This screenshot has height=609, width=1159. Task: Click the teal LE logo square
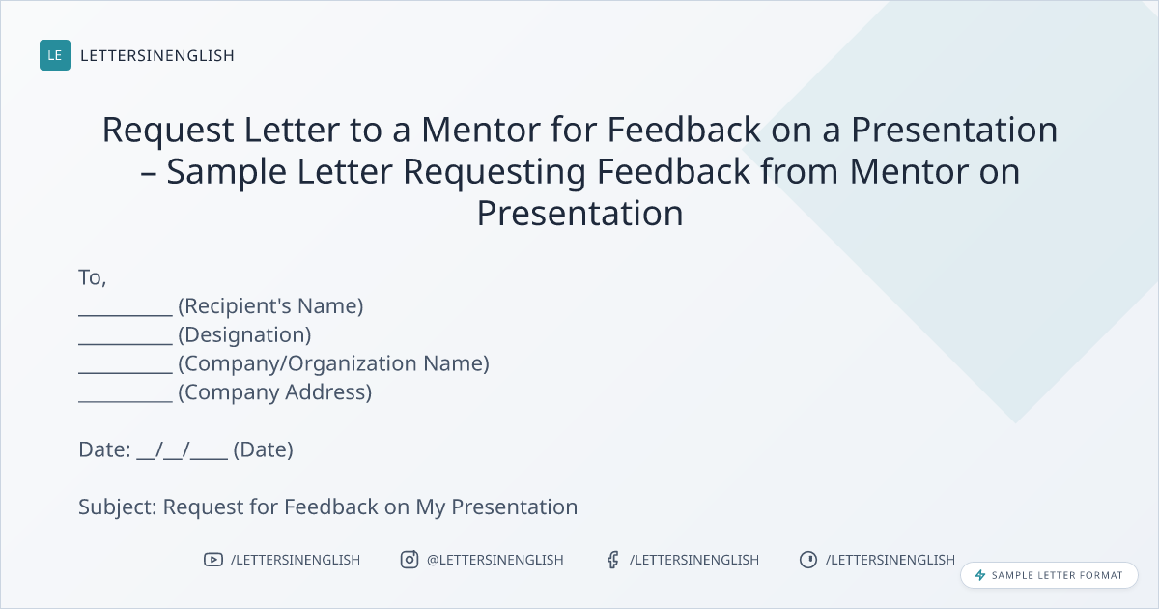click(55, 55)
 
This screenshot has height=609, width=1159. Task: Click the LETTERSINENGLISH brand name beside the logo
click(157, 55)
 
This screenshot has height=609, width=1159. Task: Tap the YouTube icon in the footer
click(213, 560)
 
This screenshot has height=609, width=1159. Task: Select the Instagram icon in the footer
click(410, 560)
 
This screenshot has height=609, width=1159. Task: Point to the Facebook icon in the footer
click(613, 560)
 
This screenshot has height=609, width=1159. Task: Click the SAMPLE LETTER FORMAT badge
click(1049, 575)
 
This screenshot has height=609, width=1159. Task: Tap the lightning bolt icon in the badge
click(980, 575)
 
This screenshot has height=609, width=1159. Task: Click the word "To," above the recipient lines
click(93, 278)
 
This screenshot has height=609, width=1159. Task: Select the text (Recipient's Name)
click(270, 306)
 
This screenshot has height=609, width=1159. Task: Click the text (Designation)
click(244, 335)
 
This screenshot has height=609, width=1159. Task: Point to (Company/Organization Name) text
click(334, 363)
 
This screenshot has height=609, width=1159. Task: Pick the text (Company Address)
click(274, 392)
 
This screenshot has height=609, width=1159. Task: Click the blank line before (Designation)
click(126, 344)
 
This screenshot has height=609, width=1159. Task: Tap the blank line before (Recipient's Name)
click(126, 315)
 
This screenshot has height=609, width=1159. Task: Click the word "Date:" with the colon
click(104, 449)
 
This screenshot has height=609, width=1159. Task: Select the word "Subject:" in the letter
click(118, 507)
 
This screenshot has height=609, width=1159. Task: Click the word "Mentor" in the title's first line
click(480, 130)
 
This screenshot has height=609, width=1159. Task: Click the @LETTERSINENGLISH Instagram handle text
click(495, 560)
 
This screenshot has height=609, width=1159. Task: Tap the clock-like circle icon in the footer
click(808, 560)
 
